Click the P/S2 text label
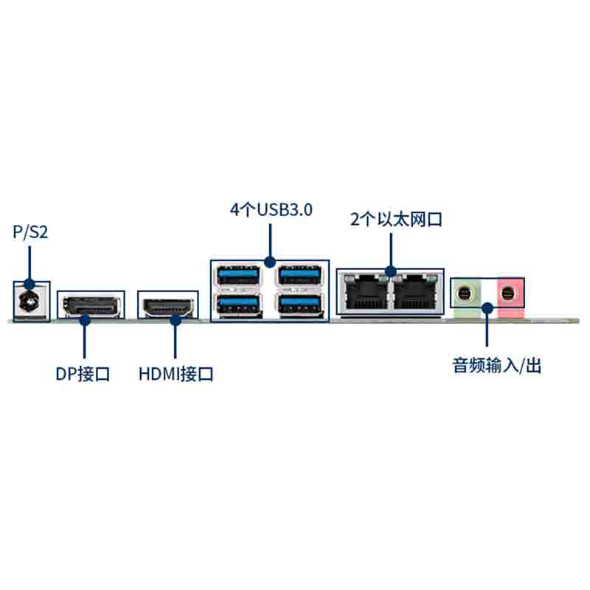coord(30,232)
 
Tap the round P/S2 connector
coord(32,302)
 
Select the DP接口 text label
coord(83,374)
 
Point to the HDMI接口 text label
coord(176,374)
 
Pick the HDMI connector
coord(169,307)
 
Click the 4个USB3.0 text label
coord(271,209)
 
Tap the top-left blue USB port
coord(238,275)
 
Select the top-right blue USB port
coord(300,275)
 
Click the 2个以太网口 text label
coord(396,219)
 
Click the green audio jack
coord(466,293)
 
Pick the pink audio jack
coord(508,293)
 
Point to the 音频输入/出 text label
coord(496,365)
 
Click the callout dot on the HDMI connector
coord(176,320)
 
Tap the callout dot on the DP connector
coord(85,320)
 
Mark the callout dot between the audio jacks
coord(487,308)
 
